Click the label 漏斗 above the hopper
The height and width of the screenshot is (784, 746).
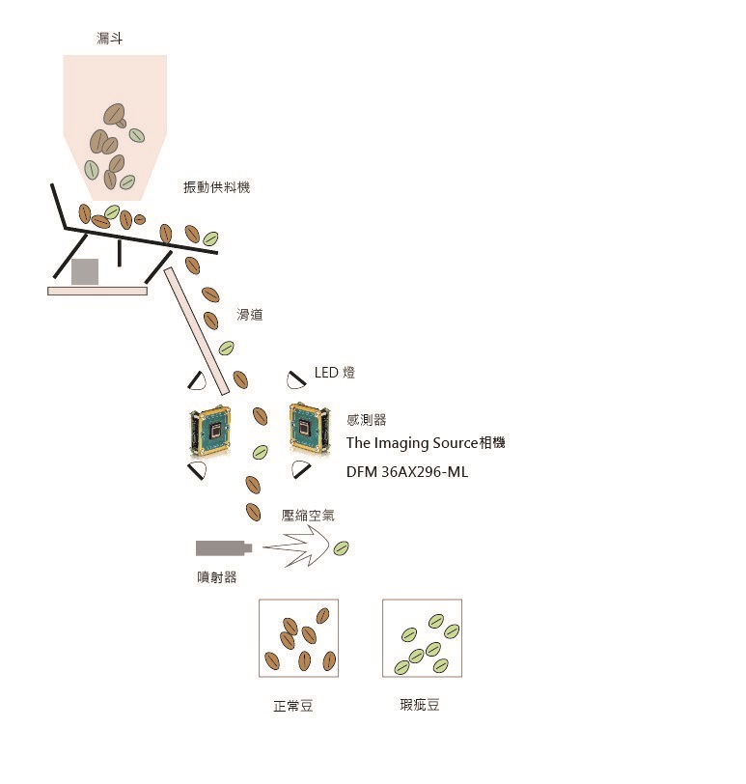pyautogui.click(x=109, y=38)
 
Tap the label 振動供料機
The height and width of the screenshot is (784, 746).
pyautogui.click(x=216, y=187)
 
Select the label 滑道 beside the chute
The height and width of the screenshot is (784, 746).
pyautogui.click(x=249, y=315)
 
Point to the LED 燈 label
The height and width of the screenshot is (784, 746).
pyautogui.click(x=335, y=373)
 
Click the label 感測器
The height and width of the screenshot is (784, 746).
pyautogui.click(x=367, y=419)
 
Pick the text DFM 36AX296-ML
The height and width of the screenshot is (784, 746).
pyautogui.click(x=407, y=472)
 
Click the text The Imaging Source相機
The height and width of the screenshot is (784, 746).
pyautogui.click(x=426, y=442)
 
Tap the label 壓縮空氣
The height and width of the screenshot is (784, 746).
pyautogui.click(x=308, y=516)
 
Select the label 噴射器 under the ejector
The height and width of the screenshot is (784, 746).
pyautogui.click(x=216, y=577)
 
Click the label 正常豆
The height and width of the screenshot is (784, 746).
pyautogui.click(x=292, y=706)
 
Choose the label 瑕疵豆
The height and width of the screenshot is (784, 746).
pyautogui.click(x=420, y=705)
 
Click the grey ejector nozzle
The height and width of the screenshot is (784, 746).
pyautogui.click(x=224, y=548)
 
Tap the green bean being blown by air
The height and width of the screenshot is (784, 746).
pyautogui.click(x=342, y=548)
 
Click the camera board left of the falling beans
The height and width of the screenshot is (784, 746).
pyautogui.click(x=210, y=431)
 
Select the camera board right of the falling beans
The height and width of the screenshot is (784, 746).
pyautogui.click(x=310, y=429)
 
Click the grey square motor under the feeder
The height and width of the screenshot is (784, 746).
pyautogui.click(x=84, y=272)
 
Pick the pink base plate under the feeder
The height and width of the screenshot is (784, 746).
pyautogui.click(x=97, y=291)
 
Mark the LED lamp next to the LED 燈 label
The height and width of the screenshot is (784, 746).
pyautogui.click(x=296, y=380)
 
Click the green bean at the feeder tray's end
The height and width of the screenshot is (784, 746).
pyautogui.click(x=210, y=238)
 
